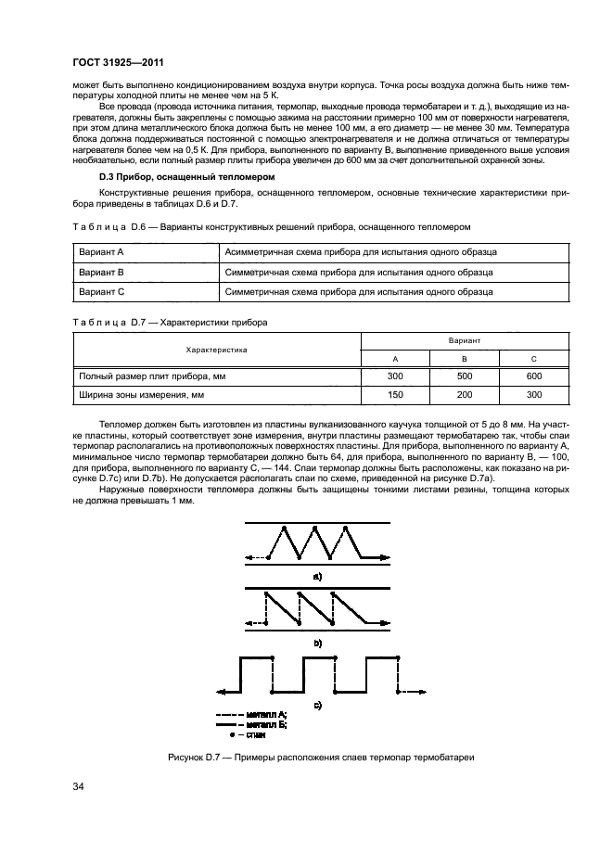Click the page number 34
coord(80,788)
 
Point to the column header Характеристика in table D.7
coord(216,350)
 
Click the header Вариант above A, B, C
coord(465,340)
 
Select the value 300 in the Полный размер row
coord(395,376)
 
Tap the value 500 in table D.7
coord(465,376)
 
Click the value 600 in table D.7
coord(533,376)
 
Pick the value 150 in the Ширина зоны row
coord(395,395)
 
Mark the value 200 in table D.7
coord(465,395)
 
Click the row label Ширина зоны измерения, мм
coord(140,395)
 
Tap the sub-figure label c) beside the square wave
coord(318,706)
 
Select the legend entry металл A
coord(266,714)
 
